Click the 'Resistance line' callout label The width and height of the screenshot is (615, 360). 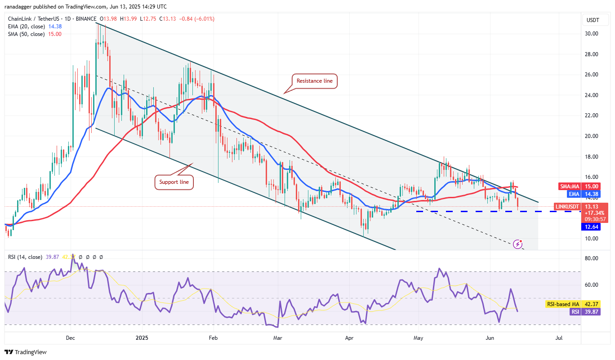pos(315,81)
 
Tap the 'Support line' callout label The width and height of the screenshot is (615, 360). pos(174,182)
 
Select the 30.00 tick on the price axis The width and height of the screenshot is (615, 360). pos(591,34)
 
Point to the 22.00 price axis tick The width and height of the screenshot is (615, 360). pos(591,116)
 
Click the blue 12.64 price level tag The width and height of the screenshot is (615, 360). pos(591,227)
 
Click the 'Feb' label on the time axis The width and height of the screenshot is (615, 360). pos(214,338)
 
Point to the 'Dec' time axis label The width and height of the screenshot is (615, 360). pos(70,338)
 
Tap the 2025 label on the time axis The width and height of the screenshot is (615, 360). pos(142,338)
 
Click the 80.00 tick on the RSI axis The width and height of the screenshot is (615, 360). pos(591,258)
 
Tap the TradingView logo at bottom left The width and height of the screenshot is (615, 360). pos(26,352)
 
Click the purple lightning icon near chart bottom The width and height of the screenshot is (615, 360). pos(517,244)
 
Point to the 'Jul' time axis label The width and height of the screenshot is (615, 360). pos(559,338)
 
